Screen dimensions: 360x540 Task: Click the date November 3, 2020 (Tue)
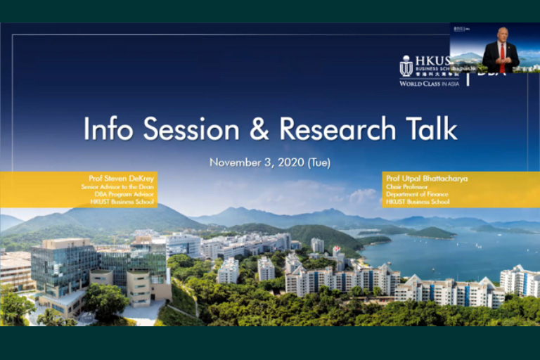[270, 162]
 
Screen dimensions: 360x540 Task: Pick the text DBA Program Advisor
[125, 194]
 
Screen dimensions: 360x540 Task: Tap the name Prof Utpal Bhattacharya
[427, 179]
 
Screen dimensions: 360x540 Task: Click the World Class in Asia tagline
[429, 84]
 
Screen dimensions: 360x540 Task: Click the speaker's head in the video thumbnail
[501, 34]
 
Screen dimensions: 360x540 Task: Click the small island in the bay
[430, 231]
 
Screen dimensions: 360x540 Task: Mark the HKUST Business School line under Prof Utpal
[420, 202]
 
